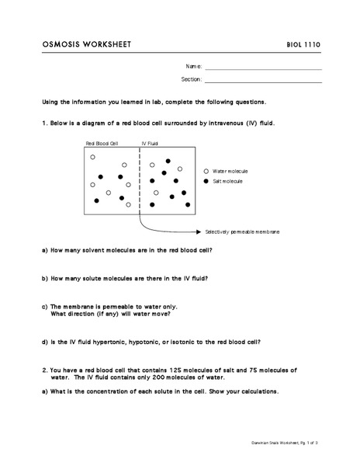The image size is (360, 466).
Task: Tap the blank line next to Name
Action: coord(263,68)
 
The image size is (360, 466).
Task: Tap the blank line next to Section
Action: coord(263,80)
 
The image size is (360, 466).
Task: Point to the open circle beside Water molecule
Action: coord(206,171)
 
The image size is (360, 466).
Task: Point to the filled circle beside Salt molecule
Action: coord(206,180)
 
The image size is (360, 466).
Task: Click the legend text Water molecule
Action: coord(230,171)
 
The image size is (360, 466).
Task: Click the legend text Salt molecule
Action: coord(227,180)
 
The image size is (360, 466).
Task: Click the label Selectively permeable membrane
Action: coord(242,231)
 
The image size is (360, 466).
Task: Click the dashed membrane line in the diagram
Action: coord(140,183)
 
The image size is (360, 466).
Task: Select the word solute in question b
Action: coord(89,278)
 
